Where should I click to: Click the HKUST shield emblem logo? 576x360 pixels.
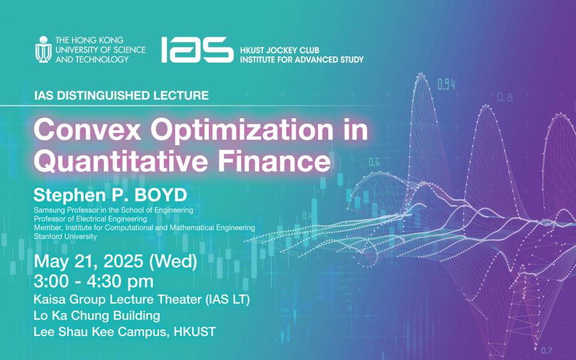[x=43, y=49]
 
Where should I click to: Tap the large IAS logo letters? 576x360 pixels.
[x=197, y=50]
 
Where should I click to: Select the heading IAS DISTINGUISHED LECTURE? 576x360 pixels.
[x=121, y=95]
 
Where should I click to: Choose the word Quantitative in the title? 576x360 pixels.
[x=121, y=161]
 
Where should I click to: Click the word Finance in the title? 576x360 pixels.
[x=274, y=161]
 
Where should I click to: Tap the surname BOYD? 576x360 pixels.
[x=161, y=195]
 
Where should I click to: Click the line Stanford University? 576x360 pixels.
[x=65, y=236]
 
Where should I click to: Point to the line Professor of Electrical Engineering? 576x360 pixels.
[x=91, y=219]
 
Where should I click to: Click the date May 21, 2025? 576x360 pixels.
[x=88, y=262]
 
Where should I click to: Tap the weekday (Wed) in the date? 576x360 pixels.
[x=173, y=262]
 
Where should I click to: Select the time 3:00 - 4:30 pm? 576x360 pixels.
[x=94, y=281]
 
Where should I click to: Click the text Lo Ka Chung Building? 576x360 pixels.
[x=97, y=315]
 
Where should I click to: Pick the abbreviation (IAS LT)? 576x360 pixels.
[x=228, y=299]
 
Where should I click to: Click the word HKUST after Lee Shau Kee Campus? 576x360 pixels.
[x=194, y=332]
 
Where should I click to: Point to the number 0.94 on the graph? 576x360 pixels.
[x=446, y=85]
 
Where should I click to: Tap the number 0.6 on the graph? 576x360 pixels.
[x=374, y=162]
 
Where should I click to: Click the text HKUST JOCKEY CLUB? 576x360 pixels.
[x=280, y=50]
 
